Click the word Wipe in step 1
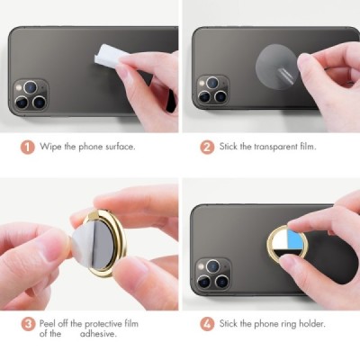click(50, 145)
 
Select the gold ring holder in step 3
click(99, 243)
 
